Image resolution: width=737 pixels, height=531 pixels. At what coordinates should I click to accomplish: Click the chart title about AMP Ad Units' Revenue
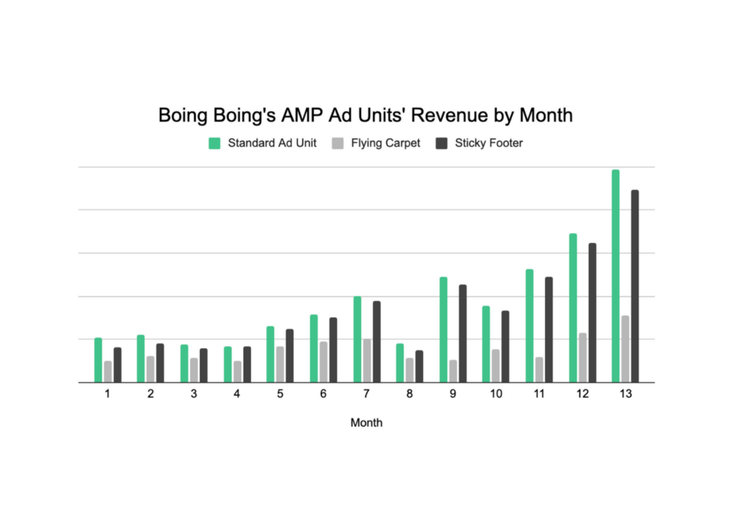[365, 115]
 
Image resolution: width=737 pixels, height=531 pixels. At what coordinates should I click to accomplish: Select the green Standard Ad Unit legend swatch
[214, 143]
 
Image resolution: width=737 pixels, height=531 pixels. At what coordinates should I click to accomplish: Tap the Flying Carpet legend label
[385, 143]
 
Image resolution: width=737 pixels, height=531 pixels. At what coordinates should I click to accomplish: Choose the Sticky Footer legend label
[489, 143]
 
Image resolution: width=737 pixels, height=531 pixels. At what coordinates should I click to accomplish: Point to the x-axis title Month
[366, 423]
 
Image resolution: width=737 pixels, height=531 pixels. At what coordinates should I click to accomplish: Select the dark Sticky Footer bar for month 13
[635, 286]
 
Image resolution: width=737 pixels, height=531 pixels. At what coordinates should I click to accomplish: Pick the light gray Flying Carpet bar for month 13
[625, 349]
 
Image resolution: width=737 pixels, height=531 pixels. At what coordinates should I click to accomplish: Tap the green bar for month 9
[443, 329]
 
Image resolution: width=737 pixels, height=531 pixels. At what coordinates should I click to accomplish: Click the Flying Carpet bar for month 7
[367, 360]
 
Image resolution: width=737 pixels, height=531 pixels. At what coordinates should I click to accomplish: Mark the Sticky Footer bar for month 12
[592, 313]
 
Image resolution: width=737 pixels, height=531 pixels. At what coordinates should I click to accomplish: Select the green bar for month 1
[98, 360]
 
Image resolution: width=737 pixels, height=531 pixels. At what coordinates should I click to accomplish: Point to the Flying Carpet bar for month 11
[539, 370]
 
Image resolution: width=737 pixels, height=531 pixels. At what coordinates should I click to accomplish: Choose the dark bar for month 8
[420, 366]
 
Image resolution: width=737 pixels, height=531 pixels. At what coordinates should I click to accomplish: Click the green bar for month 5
[271, 354]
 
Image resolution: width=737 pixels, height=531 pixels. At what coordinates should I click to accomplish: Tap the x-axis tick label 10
[496, 394]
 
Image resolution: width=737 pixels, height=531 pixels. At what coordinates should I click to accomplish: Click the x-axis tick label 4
[237, 394]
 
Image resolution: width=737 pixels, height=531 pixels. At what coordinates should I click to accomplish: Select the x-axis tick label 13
[625, 394]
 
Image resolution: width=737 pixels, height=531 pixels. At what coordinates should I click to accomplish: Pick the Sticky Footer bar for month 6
[333, 349]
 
